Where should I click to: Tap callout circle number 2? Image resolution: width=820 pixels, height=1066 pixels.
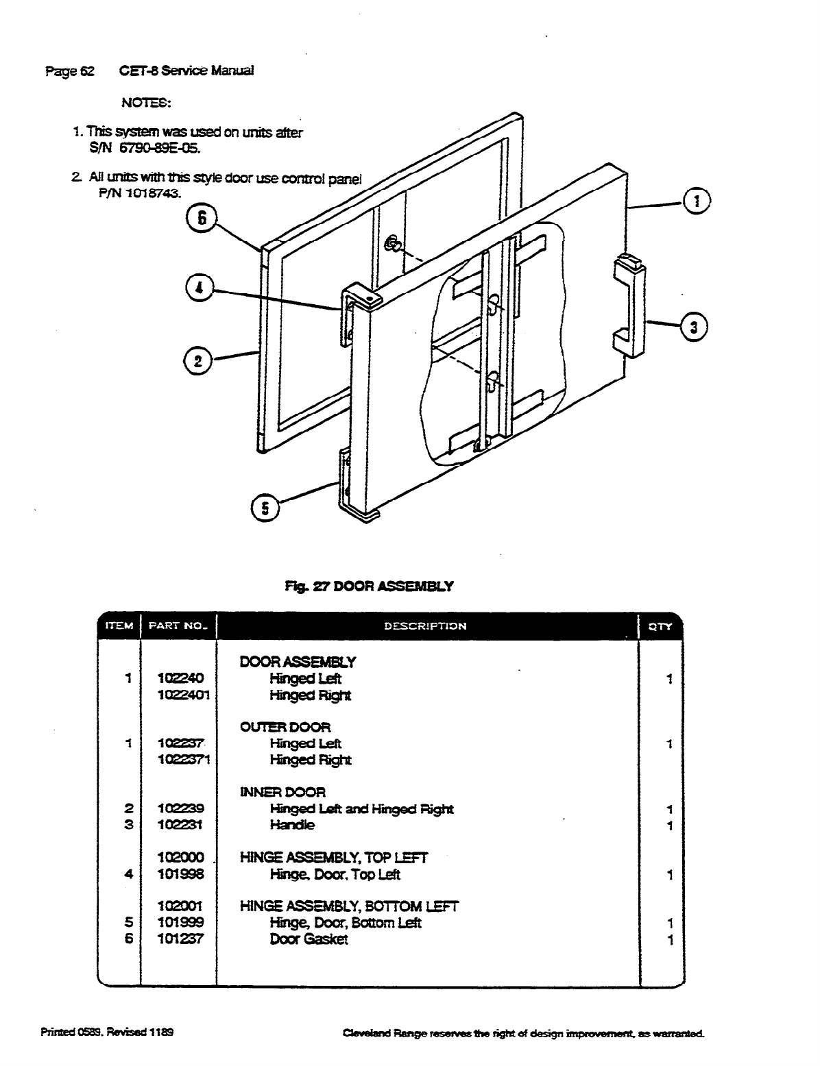pos(198,362)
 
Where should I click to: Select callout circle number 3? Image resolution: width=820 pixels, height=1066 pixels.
pos(694,327)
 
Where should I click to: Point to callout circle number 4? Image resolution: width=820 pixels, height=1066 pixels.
pos(200,288)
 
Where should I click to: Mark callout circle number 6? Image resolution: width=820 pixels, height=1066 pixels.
pos(202,218)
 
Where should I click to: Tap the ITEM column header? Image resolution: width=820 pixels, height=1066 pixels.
pos(119,625)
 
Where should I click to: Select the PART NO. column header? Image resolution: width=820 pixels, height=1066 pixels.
pos(178,625)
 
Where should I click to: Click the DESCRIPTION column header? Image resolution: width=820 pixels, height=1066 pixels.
pos(425,625)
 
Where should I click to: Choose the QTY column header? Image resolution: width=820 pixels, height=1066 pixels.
pos(661,625)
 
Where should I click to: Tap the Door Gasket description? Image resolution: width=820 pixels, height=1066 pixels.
pos(309,939)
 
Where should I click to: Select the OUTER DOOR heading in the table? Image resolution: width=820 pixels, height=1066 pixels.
pos(285,727)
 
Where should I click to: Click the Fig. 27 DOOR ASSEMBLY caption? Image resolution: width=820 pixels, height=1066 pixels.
pos(369,586)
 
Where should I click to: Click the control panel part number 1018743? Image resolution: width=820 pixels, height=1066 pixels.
pos(139,194)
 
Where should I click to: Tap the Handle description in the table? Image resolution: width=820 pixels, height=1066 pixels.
pos(292,825)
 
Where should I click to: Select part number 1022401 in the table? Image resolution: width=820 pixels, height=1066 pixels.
pos(184,695)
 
